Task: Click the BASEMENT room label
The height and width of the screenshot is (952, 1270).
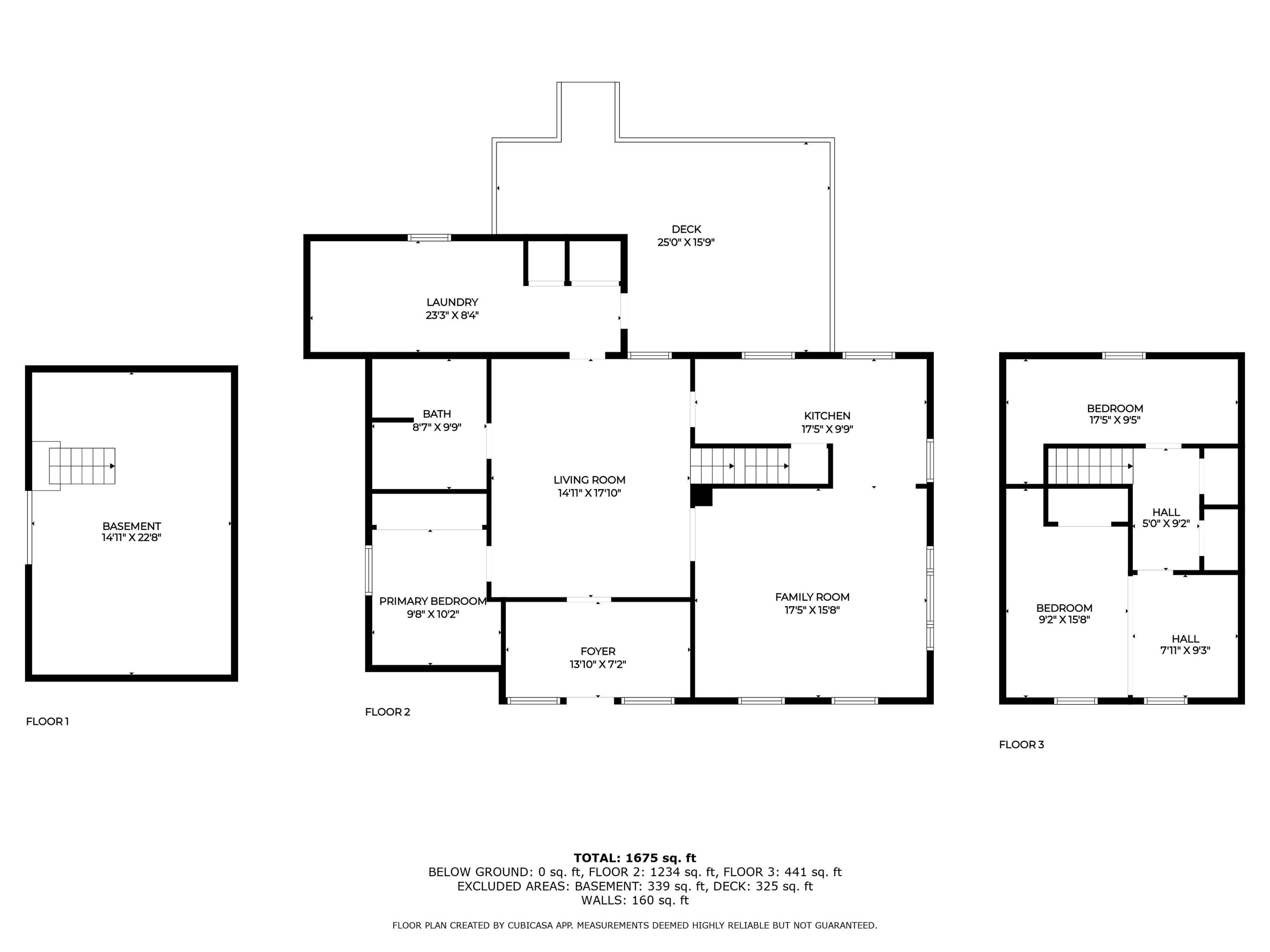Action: (x=132, y=526)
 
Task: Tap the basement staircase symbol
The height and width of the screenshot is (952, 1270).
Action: (x=82, y=466)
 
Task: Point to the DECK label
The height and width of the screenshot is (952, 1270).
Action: (x=686, y=229)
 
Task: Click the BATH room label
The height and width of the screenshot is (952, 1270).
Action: (x=436, y=414)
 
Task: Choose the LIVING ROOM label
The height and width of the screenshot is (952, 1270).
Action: (x=589, y=480)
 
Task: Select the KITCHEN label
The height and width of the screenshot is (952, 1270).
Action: (x=827, y=415)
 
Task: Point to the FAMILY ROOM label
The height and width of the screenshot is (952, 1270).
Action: (x=812, y=597)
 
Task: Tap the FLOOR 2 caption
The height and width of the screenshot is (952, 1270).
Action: (x=387, y=712)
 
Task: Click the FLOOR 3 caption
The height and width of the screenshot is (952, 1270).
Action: (x=1022, y=744)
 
